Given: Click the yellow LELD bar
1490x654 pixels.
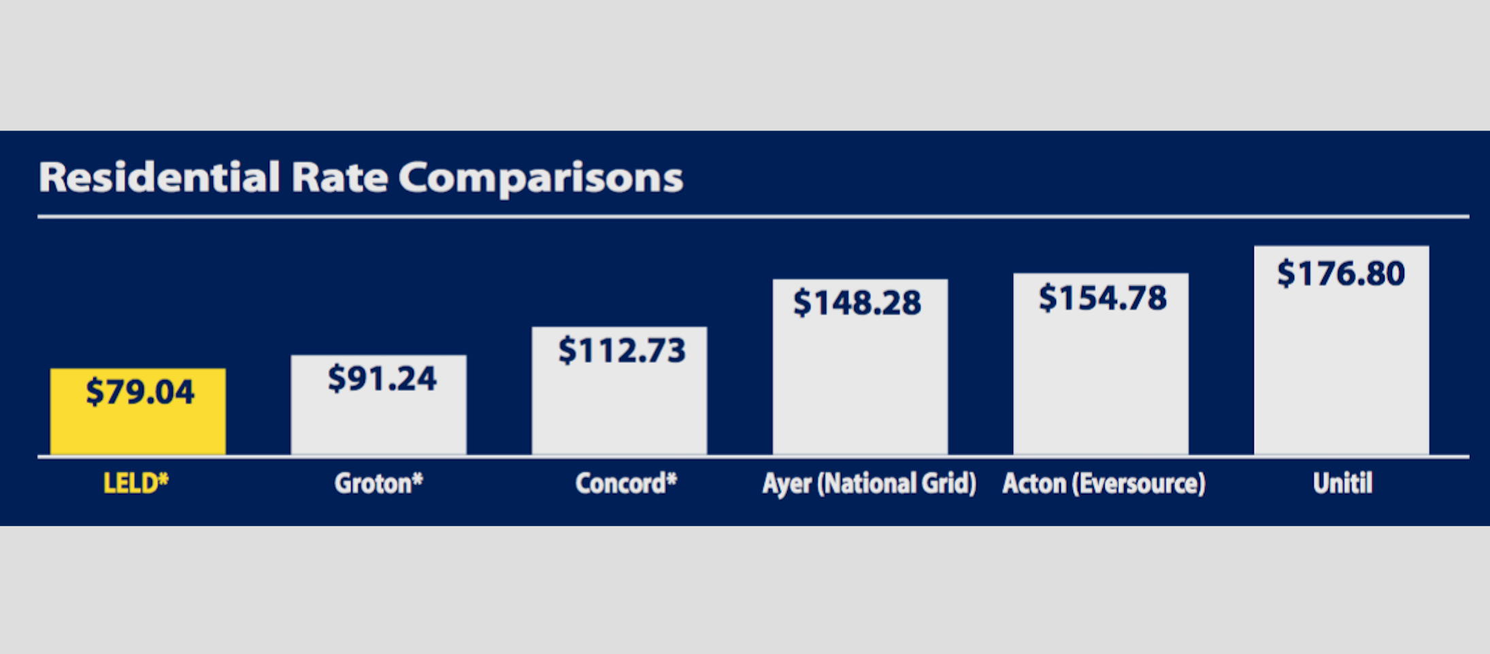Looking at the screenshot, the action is point(138,412).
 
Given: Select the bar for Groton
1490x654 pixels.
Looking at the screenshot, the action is point(379,405).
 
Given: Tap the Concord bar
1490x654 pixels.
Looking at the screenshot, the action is point(620,392).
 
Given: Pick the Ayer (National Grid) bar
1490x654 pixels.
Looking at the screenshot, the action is point(861,367).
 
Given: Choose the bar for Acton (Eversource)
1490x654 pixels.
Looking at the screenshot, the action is point(1101,364).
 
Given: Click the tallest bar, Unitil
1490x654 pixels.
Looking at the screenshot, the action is point(1342,351).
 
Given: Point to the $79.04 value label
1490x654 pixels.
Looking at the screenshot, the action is point(140,392).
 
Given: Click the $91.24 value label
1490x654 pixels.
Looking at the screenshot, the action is point(382,379).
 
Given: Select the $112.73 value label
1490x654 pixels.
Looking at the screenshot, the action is point(622,351).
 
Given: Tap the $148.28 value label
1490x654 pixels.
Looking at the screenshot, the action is point(857,303).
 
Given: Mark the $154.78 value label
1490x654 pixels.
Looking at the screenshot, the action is point(1103,298).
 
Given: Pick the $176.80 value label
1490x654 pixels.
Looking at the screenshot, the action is point(1341,273).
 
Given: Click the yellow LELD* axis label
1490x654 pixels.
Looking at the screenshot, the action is point(136,483).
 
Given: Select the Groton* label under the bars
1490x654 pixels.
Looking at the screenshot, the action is point(379,483).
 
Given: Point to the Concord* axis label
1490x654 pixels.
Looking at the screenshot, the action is point(627,483).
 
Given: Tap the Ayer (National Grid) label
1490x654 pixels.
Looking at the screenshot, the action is point(870,484).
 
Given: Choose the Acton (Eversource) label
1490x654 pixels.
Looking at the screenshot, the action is point(1104,484).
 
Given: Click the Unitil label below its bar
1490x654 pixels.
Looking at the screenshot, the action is point(1342,483).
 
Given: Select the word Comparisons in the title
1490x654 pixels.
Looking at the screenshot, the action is point(541,179).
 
